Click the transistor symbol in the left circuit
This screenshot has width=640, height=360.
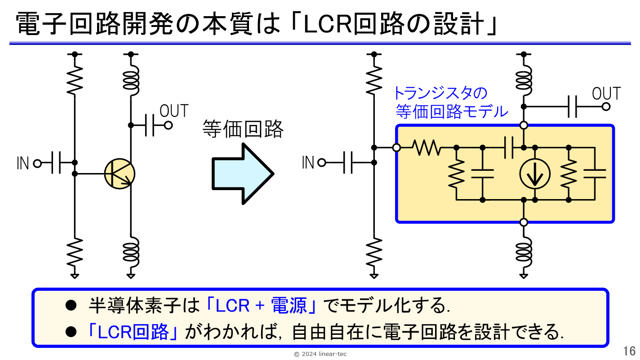click(120, 174)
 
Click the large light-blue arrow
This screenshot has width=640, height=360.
click(243, 174)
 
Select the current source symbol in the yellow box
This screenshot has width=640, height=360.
click(535, 174)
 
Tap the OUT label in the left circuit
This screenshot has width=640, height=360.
click(174, 111)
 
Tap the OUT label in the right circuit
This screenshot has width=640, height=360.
click(606, 93)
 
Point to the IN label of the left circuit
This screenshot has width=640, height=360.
click(23, 164)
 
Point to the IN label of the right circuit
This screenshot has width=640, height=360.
click(308, 163)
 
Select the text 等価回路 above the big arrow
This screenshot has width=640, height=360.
click(243, 129)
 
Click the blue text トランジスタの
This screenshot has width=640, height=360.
click(440, 93)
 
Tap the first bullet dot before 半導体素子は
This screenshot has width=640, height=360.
click(71, 306)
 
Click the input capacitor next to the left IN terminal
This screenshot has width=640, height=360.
click(56, 163)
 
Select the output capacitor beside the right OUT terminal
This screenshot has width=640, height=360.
click(572, 107)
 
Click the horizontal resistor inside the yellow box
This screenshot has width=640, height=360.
click(427, 148)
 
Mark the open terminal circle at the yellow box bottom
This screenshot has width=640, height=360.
click(524, 222)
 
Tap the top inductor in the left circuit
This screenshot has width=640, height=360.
click(131, 80)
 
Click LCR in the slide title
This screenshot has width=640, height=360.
click(328, 24)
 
